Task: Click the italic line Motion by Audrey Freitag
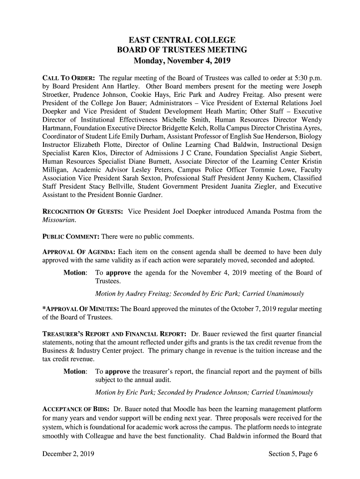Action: pos(199,294)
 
